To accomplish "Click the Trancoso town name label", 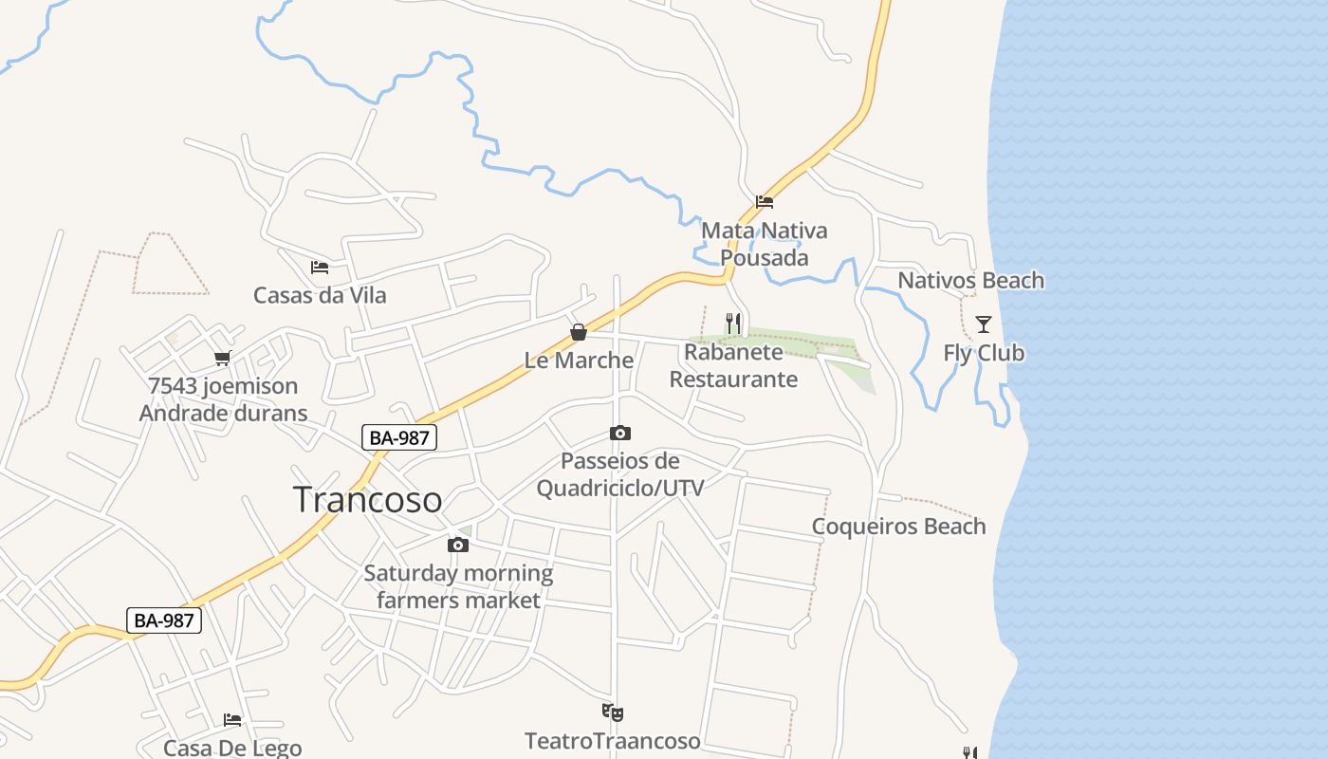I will click(367, 499).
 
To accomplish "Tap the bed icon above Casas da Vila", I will click(320, 268).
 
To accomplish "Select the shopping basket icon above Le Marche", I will click(579, 332).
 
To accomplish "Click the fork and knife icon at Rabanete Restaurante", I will click(733, 324).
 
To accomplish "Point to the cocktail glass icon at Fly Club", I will click(984, 324).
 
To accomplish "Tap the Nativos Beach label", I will click(970, 280).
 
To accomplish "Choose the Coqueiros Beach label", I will click(898, 527).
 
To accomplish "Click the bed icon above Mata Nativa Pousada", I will click(765, 201).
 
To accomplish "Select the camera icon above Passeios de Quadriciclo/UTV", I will click(620, 434).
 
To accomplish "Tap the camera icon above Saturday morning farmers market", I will click(458, 545).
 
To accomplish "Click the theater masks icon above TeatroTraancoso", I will click(613, 712).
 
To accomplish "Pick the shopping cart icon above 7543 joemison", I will click(223, 358).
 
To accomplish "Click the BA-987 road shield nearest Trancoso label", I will click(399, 437).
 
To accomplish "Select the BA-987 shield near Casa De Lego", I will click(164, 620).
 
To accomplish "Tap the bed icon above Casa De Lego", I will click(232, 720).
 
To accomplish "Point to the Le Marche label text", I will click(579, 361).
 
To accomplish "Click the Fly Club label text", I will click(984, 353).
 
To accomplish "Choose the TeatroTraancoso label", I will click(613, 741).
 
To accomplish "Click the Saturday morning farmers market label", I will click(458, 586).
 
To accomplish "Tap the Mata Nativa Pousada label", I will click(764, 244).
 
